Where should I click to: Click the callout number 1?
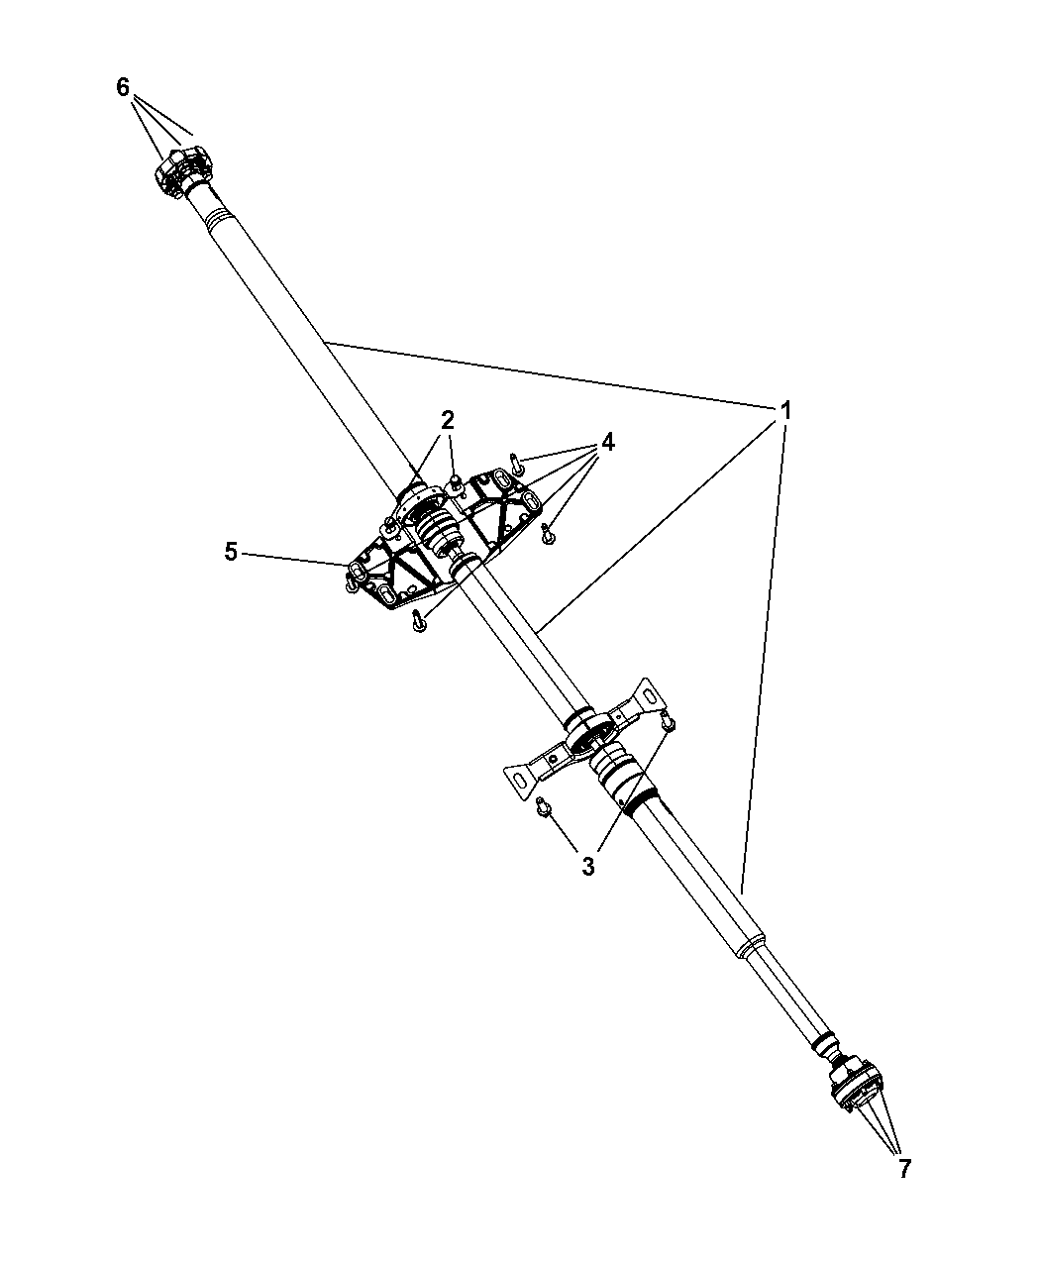click(785, 411)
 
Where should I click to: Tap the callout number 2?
click(447, 420)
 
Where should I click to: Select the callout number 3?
click(588, 866)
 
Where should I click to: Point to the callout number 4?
click(607, 442)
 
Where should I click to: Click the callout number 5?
click(231, 552)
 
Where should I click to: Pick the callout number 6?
click(123, 88)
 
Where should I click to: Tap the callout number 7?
click(904, 1169)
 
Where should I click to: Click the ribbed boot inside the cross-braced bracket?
click(436, 525)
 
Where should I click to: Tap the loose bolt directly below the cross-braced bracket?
click(418, 621)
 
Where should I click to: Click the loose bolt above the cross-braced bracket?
click(516, 464)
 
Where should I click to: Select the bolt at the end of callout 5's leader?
click(350, 583)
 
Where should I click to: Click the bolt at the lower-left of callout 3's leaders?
click(542, 806)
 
